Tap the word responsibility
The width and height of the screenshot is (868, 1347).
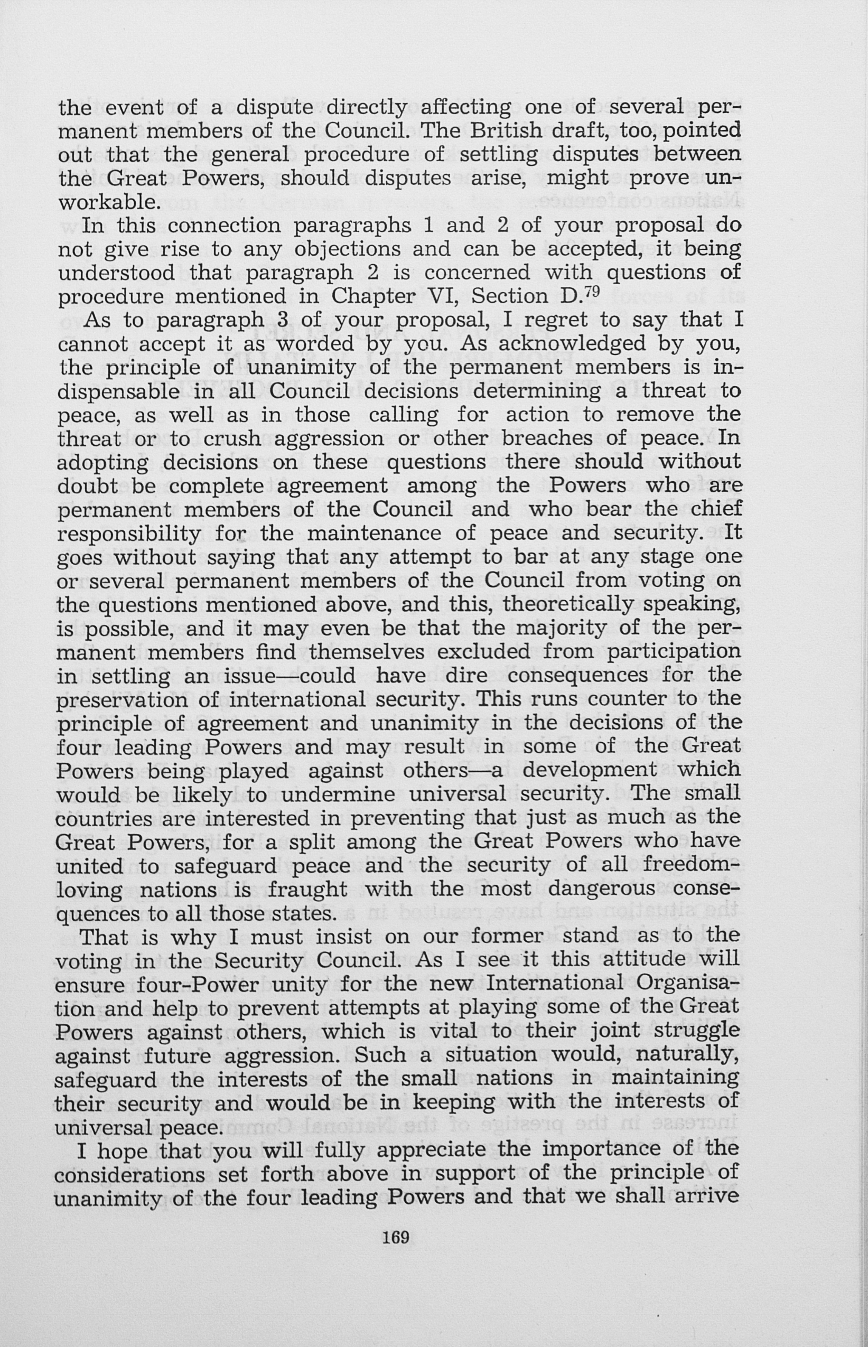point(129,532)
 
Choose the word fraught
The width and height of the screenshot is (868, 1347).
point(307,889)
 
